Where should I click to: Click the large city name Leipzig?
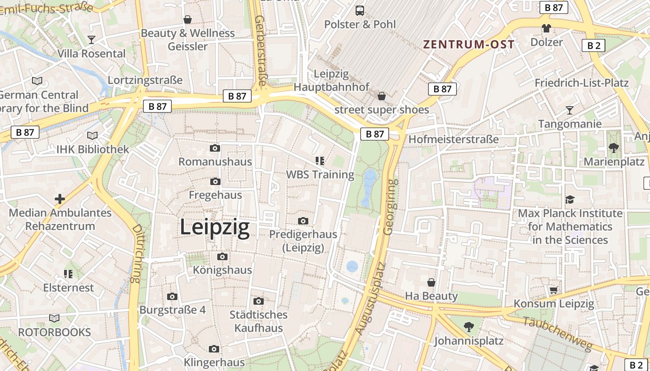[214, 227]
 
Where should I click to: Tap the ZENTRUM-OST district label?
[468, 45]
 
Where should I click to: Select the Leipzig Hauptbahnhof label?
[331, 80]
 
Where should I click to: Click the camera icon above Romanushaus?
[215, 148]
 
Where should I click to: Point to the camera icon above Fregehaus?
[215, 182]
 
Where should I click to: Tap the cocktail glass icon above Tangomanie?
[569, 110]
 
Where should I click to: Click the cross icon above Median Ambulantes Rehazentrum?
[60, 199]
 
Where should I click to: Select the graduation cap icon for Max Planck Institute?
[570, 199]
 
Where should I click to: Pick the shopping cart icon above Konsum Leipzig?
[553, 290]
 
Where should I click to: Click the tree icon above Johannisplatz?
[469, 327]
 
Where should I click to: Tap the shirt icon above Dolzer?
[546, 28]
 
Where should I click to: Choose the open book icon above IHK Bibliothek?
[92, 136]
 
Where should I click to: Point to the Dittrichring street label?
[136, 253]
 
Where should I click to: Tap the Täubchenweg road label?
[558, 334]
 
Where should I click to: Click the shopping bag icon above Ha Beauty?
[431, 282]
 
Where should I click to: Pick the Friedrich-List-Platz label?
[581, 83]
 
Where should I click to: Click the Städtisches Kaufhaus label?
[259, 321]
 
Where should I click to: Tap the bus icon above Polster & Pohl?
[359, 11]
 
